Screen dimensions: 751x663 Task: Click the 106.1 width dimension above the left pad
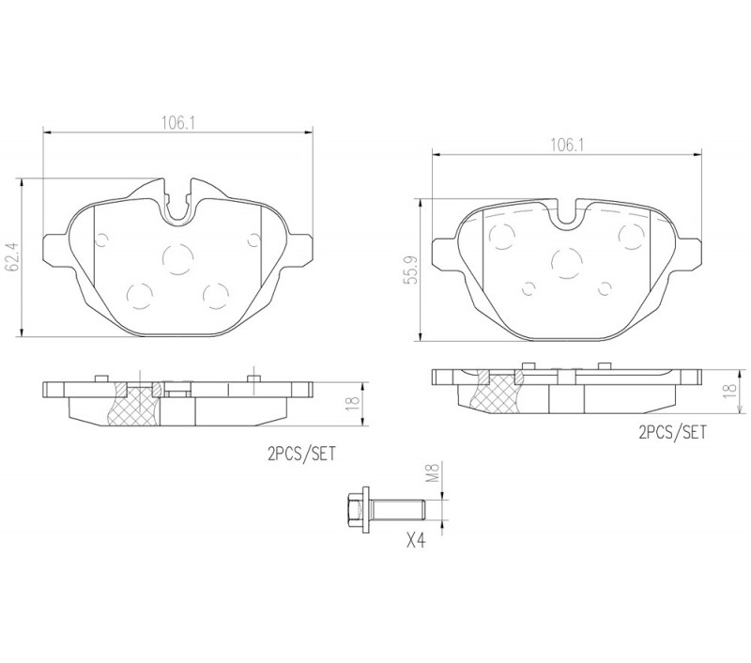point(178,123)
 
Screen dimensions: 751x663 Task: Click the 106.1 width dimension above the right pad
point(567,145)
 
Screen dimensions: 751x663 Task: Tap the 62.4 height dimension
point(10,256)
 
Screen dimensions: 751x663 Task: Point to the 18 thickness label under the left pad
point(353,404)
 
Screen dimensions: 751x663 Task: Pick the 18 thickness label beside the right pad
point(729,390)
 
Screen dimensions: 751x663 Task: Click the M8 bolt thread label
point(434,471)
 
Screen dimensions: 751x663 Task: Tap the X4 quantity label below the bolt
point(416,541)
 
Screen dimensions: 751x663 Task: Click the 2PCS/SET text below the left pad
point(301,454)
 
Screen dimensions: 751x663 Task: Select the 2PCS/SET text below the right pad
point(672,433)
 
